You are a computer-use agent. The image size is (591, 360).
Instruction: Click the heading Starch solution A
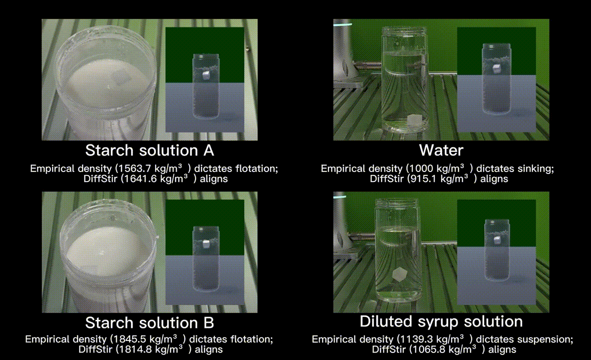point(149,150)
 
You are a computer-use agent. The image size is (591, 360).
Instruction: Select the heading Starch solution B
point(149,322)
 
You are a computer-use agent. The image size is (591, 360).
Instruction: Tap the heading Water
point(441,150)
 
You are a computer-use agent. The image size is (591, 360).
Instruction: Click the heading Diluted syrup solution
point(441,321)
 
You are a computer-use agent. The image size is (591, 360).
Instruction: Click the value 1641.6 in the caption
point(140,178)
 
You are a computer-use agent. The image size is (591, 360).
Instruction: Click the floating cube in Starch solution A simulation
point(205,75)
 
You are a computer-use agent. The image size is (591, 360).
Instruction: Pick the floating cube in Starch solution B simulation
point(206,244)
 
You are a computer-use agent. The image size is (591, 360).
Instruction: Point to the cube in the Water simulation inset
point(497,68)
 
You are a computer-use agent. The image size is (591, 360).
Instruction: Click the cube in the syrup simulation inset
point(497,239)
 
